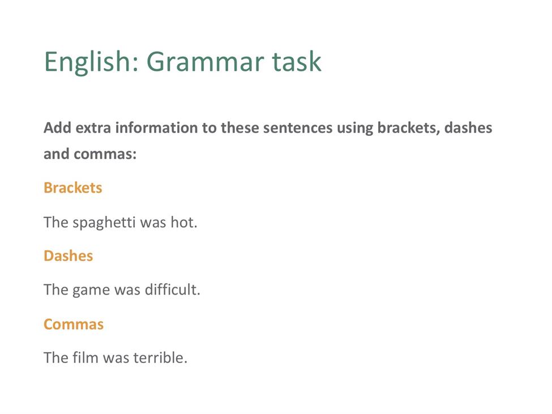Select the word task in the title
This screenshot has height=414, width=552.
coord(297,62)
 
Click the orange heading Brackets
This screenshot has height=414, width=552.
coord(73,187)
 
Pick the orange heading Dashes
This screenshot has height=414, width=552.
coord(69,255)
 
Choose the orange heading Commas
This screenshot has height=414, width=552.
coord(74,324)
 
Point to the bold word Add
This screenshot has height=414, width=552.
coord(57,128)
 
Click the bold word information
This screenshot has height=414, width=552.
coord(156,128)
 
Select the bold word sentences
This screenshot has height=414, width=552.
coord(297,128)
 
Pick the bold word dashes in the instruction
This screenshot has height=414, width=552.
coord(468,128)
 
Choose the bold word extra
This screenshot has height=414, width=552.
coord(93,128)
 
